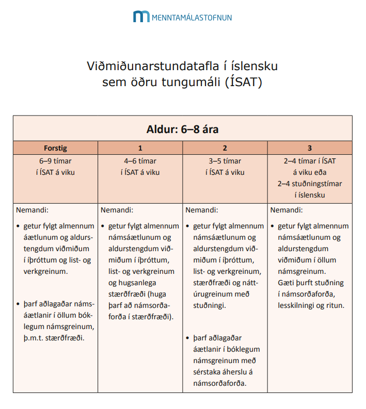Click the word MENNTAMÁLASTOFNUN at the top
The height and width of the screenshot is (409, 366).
pos(192,18)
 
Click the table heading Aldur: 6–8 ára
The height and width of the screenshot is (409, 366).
pos(183,128)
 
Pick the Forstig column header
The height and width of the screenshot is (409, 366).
pos(55,148)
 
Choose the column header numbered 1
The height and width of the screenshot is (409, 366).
pos(140,148)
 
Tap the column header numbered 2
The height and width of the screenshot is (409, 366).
pos(225,148)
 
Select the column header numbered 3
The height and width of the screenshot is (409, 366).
pos(310,148)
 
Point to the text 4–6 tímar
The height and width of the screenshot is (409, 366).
pos(140,161)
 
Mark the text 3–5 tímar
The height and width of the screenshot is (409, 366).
pos(225,161)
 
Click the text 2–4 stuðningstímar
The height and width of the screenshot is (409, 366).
pos(310,184)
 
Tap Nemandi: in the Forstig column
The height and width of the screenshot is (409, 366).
pos(32,210)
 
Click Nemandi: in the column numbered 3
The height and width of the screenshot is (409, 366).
pos(287,210)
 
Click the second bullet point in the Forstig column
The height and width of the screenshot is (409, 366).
pos(18,304)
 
